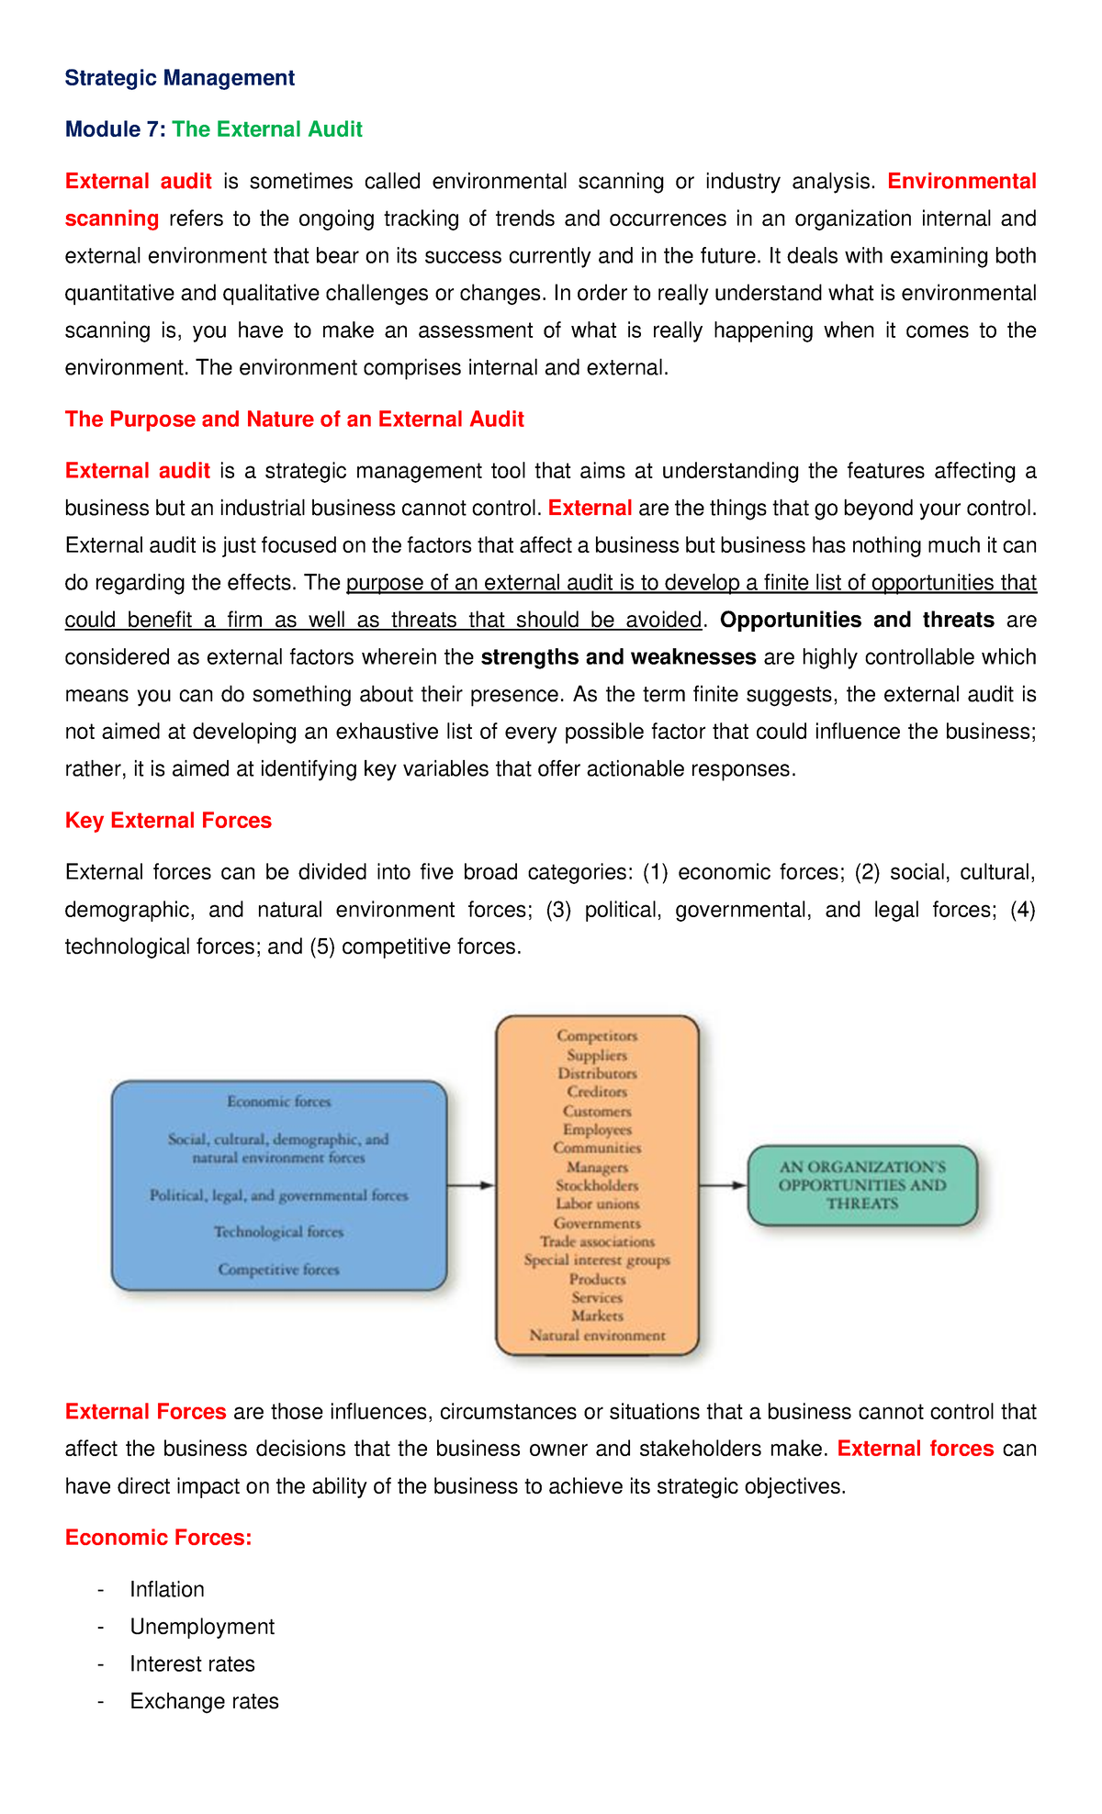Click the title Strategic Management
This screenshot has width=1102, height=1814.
(179, 78)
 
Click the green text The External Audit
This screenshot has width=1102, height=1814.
(267, 129)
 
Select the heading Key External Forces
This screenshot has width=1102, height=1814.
(168, 821)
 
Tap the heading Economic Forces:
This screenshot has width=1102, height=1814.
(158, 1538)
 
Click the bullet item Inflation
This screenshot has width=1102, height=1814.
(167, 1590)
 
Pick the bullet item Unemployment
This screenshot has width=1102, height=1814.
(202, 1628)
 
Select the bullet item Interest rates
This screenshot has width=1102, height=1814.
(192, 1664)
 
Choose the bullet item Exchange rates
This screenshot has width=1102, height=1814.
(204, 1702)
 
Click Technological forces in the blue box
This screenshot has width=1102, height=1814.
(278, 1232)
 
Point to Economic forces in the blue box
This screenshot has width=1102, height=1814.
(278, 1102)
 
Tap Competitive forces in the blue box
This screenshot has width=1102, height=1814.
(278, 1270)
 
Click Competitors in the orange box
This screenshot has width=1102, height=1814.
(597, 1036)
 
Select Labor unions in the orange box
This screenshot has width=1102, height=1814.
(597, 1204)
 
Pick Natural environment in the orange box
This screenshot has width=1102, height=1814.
(597, 1336)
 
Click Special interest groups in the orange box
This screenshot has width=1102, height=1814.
(597, 1260)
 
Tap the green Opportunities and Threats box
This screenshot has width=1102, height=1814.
(861, 1185)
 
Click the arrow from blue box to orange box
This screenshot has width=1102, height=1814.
(471, 1185)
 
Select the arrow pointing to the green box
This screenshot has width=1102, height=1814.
(723, 1185)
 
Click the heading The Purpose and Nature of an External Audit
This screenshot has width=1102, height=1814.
(294, 420)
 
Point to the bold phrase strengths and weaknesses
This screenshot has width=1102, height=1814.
(618, 657)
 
